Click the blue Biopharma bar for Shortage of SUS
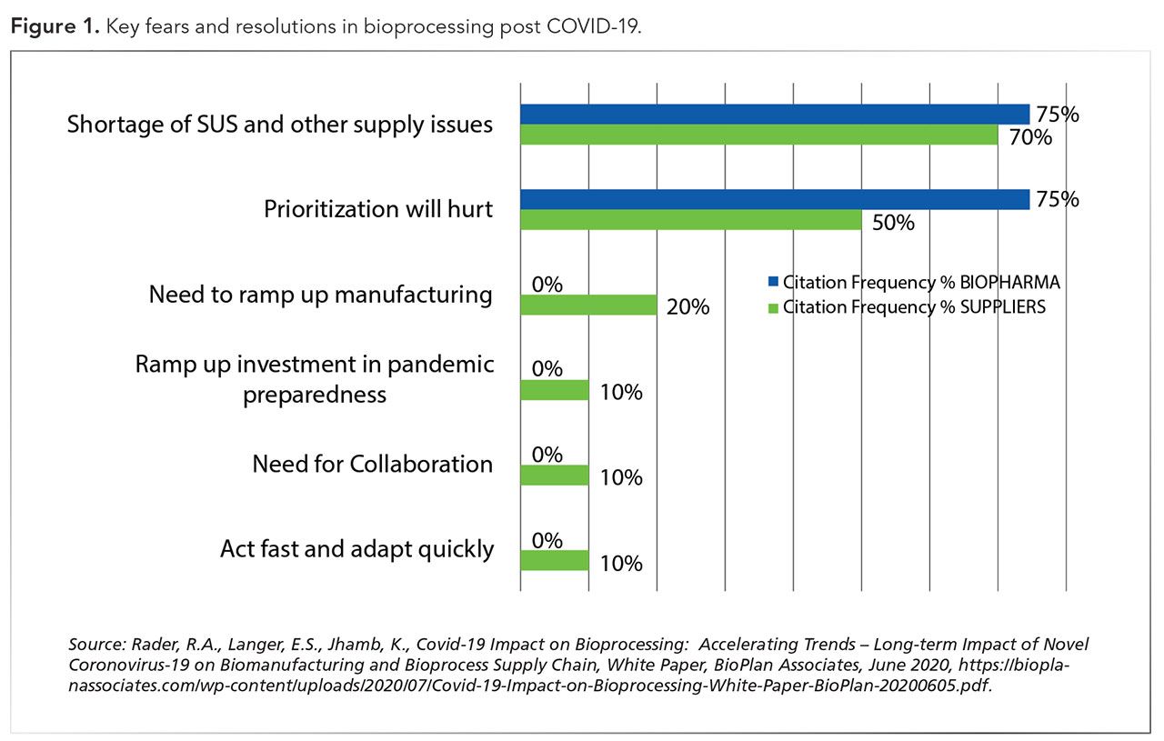774,115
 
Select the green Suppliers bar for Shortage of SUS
758,135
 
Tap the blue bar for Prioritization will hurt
774,199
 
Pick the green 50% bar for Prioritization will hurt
690,220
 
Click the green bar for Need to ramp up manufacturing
588,305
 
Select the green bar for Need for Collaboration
554,476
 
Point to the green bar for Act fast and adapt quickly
554,560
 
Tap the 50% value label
894,223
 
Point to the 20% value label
688,307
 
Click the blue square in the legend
773,283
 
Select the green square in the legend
773,306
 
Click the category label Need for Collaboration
372,464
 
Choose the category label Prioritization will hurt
378,209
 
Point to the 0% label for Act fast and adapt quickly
547,540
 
